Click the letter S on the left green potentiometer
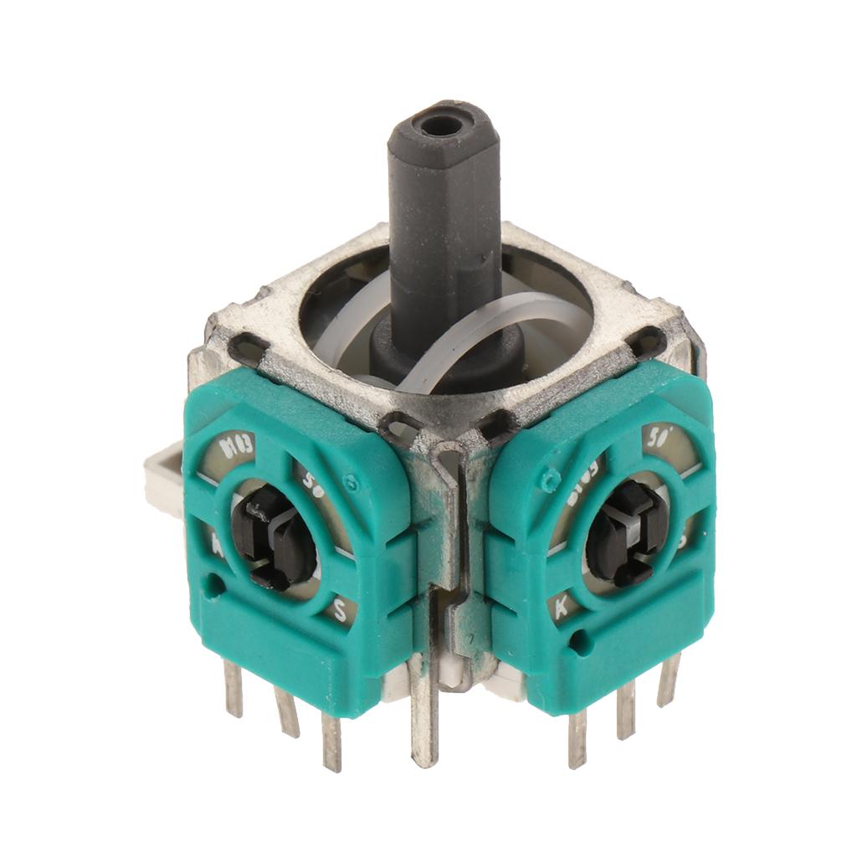tap(341, 610)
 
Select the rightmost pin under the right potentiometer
tap(669, 678)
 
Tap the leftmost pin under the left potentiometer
tap(233, 686)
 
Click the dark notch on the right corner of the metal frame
tap(647, 341)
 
